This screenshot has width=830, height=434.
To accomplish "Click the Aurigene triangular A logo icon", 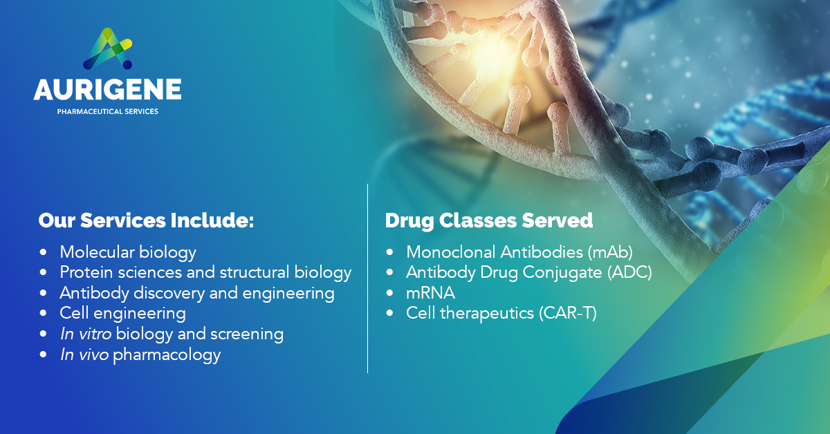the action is pyautogui.click(x=107, y=48).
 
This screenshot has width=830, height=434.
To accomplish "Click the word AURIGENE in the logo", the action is pyautogui.click(x=107, y=89).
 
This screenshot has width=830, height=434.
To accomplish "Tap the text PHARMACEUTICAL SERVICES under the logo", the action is pyautogui.click(x=107, y=111).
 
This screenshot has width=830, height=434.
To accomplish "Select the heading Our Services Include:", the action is pyautogui.click(x=146, y=220).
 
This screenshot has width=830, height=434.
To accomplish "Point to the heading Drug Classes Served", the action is pyautogui.click(x=489, y=220).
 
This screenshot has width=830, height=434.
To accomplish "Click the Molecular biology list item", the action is pyautogui.click(x=128, y=253).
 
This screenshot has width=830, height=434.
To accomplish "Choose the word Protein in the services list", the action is pyautogui.click(x=86, y=272).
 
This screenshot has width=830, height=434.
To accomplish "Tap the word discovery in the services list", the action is pyautogui.click(x=169, y=294).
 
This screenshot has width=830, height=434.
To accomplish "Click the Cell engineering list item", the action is pyautogui.click(x=122, y=314).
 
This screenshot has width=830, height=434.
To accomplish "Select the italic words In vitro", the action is pyautogui.click(x=86, y=334).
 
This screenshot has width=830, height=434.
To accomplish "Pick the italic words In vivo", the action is pyautogui.click(x=84, y=355).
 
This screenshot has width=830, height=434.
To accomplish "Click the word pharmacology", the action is pyautogui.click(x=167, y=355).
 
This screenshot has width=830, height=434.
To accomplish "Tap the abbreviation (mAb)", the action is pyautogui.click(x=610, y=252).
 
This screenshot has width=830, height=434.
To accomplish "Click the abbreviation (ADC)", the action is pyautogui.click(x=629, y=273).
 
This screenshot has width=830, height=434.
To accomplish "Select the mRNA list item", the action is pyautogui.click(x=430, y=293).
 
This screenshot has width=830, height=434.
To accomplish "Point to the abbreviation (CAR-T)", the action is pyautogui.click(x=568, y=314).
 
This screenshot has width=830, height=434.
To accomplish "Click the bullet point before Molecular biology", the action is pyautogui.click(x=44, y=252).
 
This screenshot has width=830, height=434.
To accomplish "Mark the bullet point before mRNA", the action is pyautogui.click(x=389, y=293).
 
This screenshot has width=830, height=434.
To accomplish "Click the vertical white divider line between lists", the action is pyautogui.click(x=367, y=278).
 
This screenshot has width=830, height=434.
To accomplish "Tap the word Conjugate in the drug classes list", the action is pyautogui.click(x=562, y=274).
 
